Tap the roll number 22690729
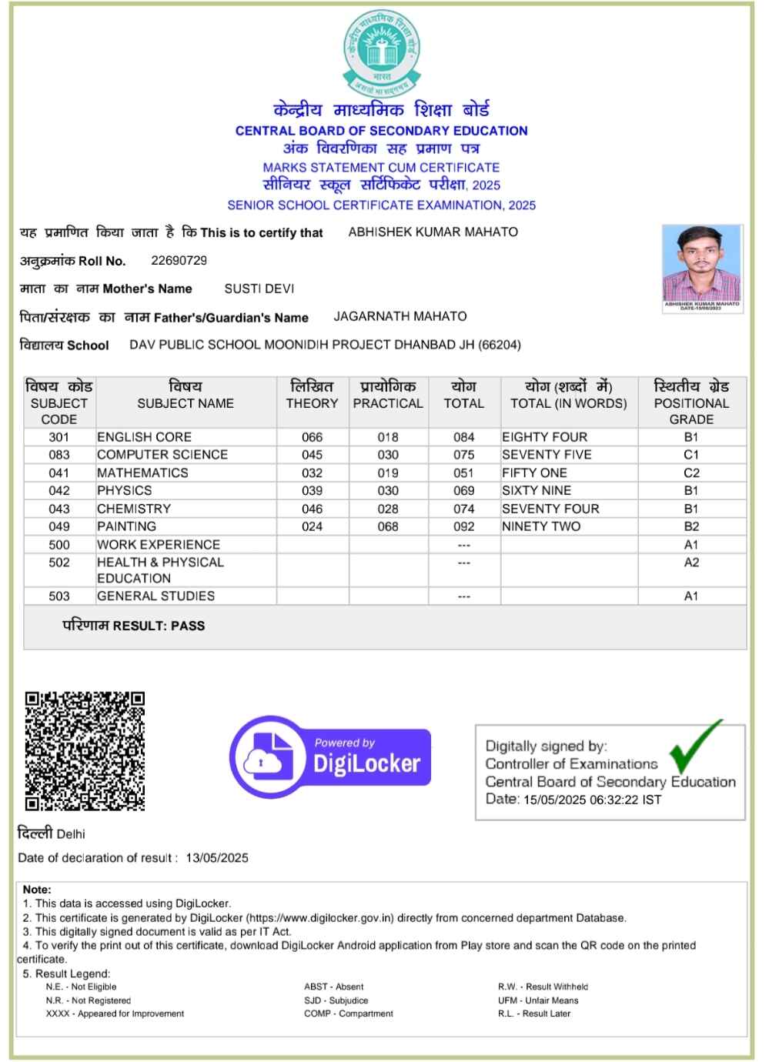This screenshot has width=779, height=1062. click(x=179, y=260)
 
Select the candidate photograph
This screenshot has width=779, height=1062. click(x=702, y=266)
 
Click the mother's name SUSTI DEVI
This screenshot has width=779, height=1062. click(x=259, y=289)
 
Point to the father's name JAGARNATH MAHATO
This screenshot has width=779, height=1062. click(x=400, y=316)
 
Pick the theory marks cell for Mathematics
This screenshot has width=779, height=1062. click(x=312, y=473)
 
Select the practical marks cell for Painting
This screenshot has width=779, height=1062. click(x=388, y=526)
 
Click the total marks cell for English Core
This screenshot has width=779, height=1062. click(x=463, y=437)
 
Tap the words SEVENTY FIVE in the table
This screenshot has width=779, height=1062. click(x=547, y=455)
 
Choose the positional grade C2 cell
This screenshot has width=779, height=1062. click(x=691, y=473)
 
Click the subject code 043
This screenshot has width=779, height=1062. click(x=59, y=509)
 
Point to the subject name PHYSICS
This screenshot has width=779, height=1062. click(x=125, y=490)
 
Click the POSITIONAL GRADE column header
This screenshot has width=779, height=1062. click(x=691, y=402)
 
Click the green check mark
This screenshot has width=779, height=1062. click(x=694, y=746)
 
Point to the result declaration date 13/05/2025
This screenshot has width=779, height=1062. click(x=217, y=858)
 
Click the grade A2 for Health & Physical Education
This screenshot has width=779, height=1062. click(x=691, y=563)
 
